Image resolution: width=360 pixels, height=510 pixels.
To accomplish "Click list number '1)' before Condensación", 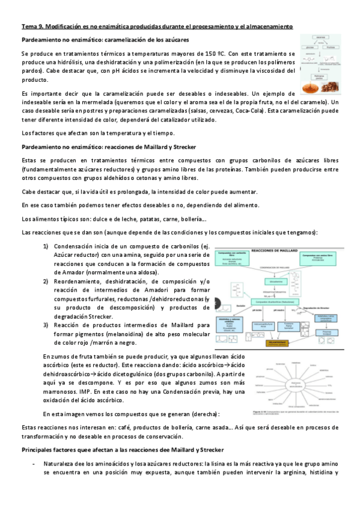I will tap(46, 246).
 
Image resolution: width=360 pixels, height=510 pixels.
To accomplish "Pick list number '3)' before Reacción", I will tap(46, 325).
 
